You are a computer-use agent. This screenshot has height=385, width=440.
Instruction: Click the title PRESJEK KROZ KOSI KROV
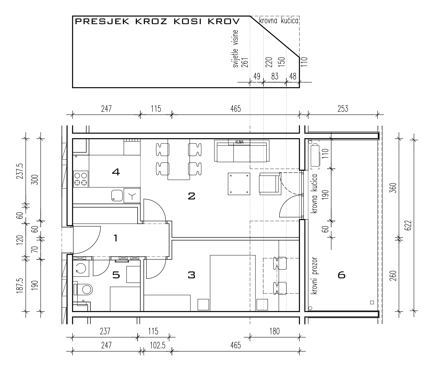pos(157,21)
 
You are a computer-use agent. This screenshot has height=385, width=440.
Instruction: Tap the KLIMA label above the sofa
pos(239,142)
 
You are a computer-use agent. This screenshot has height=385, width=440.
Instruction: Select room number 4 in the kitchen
pos(116,172)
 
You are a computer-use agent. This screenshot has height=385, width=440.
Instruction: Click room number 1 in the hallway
pos(116,238)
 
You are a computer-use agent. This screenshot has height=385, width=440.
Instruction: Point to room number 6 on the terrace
pos(341,275)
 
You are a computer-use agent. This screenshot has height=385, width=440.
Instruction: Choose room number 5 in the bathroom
pos(116,275)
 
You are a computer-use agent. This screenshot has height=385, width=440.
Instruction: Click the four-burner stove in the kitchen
pos(81,179)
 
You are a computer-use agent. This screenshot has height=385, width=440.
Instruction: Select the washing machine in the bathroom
pos(81,269)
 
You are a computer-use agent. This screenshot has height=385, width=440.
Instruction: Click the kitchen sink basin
pos(117,195)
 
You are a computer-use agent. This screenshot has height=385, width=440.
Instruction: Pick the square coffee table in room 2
pos(239,184)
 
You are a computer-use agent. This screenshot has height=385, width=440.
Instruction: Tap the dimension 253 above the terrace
pos(343,109)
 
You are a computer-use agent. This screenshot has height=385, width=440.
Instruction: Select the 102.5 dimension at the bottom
pos(158,346)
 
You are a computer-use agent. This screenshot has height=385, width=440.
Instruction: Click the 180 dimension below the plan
pos(274,331)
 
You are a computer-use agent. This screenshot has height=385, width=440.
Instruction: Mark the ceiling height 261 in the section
pos(245,63)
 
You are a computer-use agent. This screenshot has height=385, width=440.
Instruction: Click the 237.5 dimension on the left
pos(20,171)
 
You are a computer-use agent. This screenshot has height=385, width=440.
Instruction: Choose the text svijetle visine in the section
pos(236,49)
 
